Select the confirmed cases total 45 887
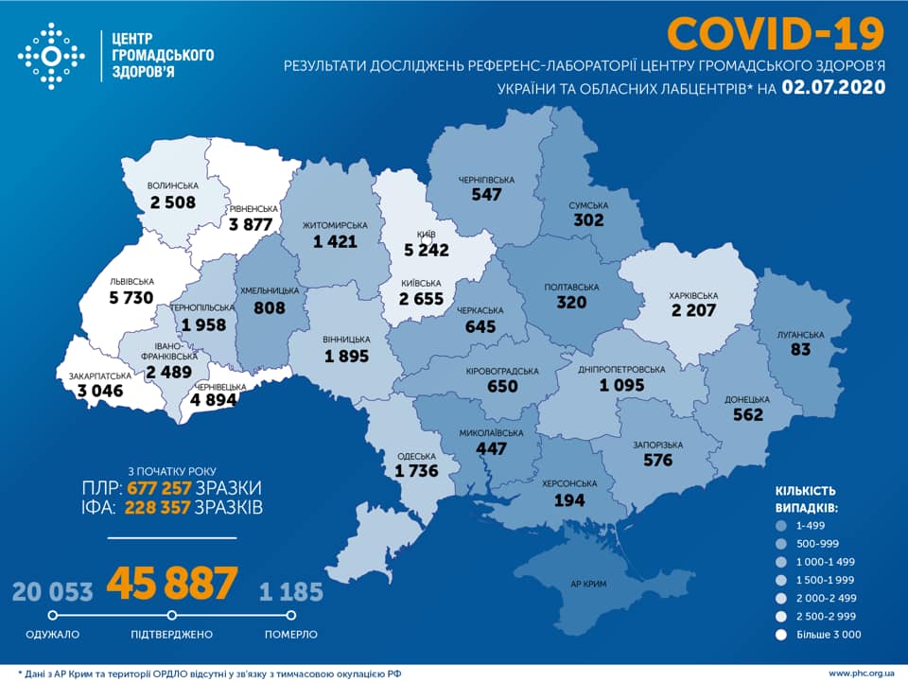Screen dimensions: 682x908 click(x=171, y=584)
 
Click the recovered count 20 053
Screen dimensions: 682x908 click(x=53, y=592)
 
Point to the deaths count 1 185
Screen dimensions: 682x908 click(x=291, y=592)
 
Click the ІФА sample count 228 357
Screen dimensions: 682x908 click(x=158, y=509)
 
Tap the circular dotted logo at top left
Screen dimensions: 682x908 click(x=52, y=58)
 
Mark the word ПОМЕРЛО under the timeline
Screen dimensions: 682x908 click(x=291, y=634)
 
